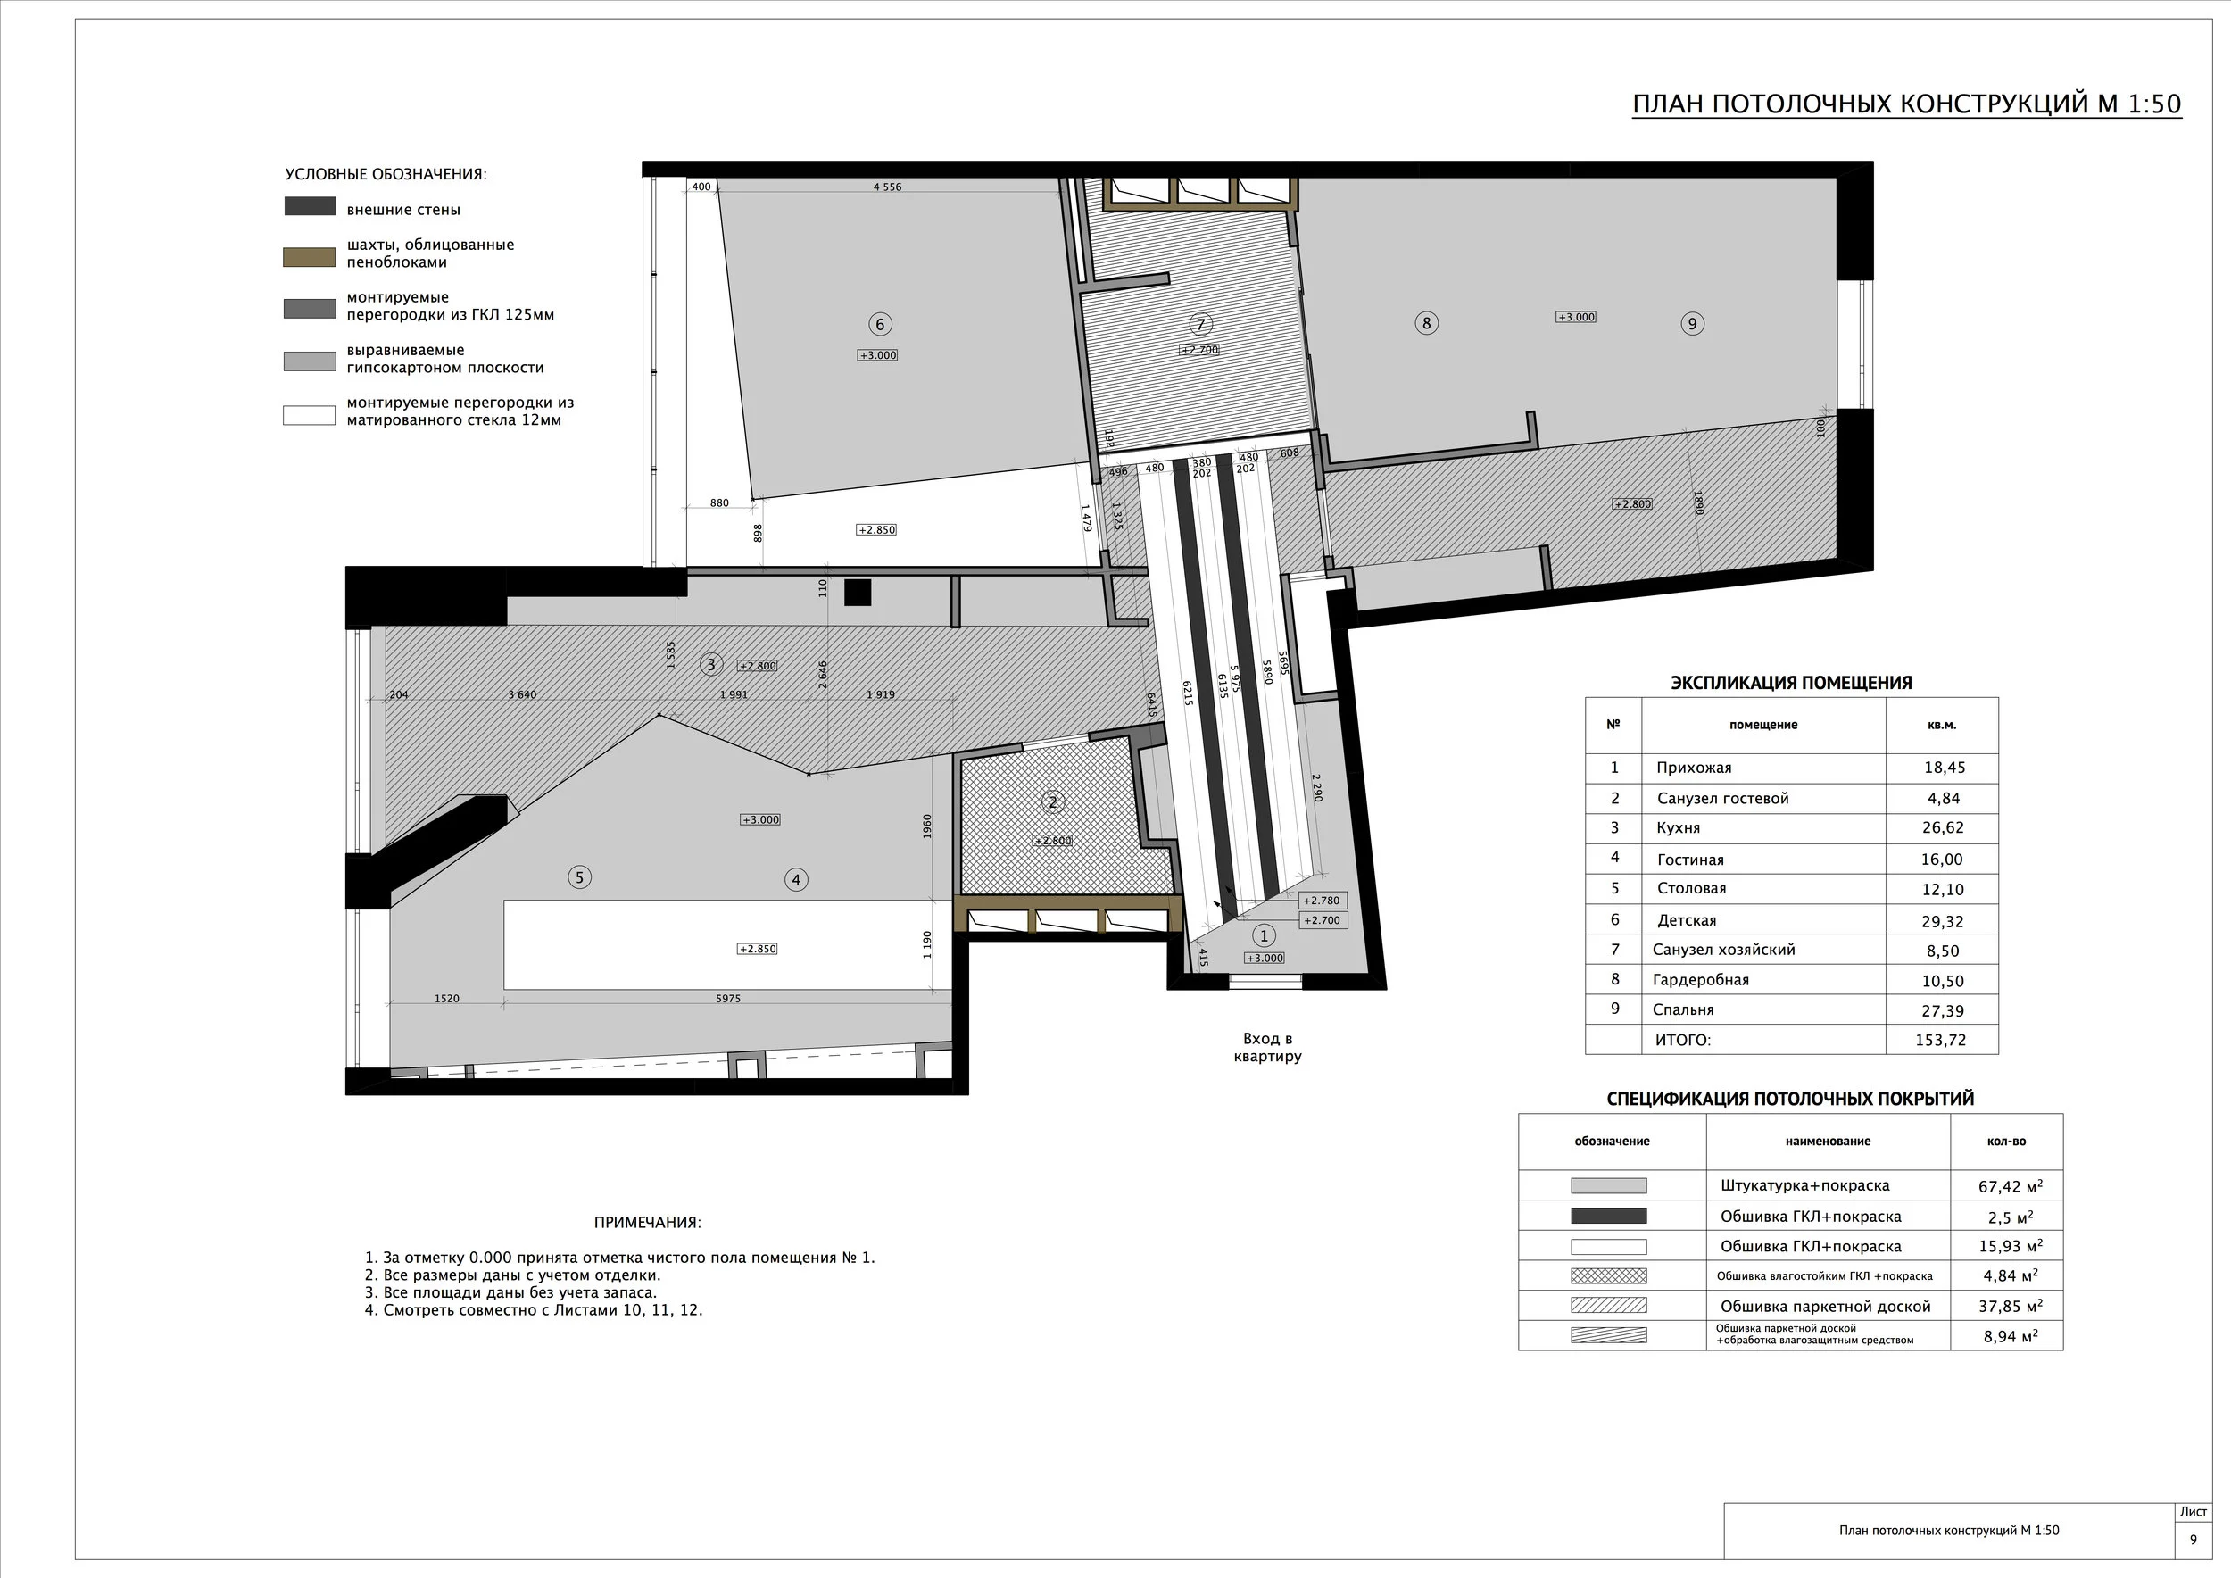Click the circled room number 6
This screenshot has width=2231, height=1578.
click(x=879, y=324)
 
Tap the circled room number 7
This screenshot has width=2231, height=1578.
click(x=1201, y=325)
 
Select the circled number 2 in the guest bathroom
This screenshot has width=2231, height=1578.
click(x=1052, y=802)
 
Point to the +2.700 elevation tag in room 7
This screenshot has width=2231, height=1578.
click(x=1199, y=350)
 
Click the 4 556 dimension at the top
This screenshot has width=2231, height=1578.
click(x=887, y=187)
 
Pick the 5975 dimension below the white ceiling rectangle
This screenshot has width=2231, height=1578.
click(x=728, y=998)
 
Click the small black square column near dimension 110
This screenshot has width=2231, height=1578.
click(x=857, y=592)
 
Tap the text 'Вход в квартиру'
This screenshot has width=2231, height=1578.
click(x=1268, y=1048)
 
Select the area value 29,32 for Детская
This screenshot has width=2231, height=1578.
click(x=1943, y=920)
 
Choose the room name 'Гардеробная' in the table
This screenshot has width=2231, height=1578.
click(x=1700, y=979)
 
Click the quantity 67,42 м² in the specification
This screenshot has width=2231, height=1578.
click(x=2011, y=1185)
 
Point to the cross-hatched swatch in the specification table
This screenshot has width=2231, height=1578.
click(x=1609, y=1275)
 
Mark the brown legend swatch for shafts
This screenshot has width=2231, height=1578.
click(x=309, y=256)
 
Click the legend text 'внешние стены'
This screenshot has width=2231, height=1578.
click(x=403, y=210)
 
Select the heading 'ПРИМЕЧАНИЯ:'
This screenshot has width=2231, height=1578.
click(x=647, y=1223)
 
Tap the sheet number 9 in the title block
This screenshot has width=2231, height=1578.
click(x=2194, y=1539)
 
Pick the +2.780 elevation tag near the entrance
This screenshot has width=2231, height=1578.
click(x=1322, y=901)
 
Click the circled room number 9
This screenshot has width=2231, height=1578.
click(x=1693, y=324)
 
